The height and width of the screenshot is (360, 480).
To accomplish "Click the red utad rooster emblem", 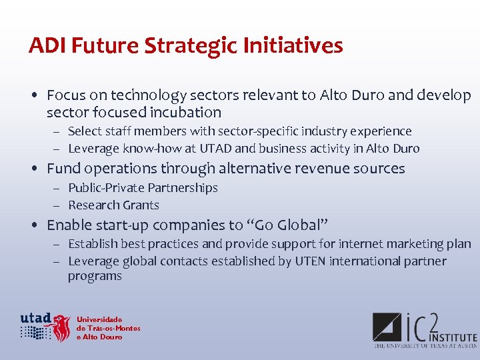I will pos(62,328).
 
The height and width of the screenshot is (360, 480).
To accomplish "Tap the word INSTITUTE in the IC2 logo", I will pos(453,338).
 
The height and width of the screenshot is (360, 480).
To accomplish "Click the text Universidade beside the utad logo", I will pos(99,319).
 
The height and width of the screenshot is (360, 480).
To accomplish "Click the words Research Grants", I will pos(113,205).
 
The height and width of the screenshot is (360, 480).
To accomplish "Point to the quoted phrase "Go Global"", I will pos(291,225).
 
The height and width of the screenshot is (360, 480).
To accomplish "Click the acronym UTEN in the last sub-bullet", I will pos(310,261).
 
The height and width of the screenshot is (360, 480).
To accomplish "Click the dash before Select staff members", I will pos(58,132).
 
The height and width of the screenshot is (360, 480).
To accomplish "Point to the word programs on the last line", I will pos(95,276).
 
